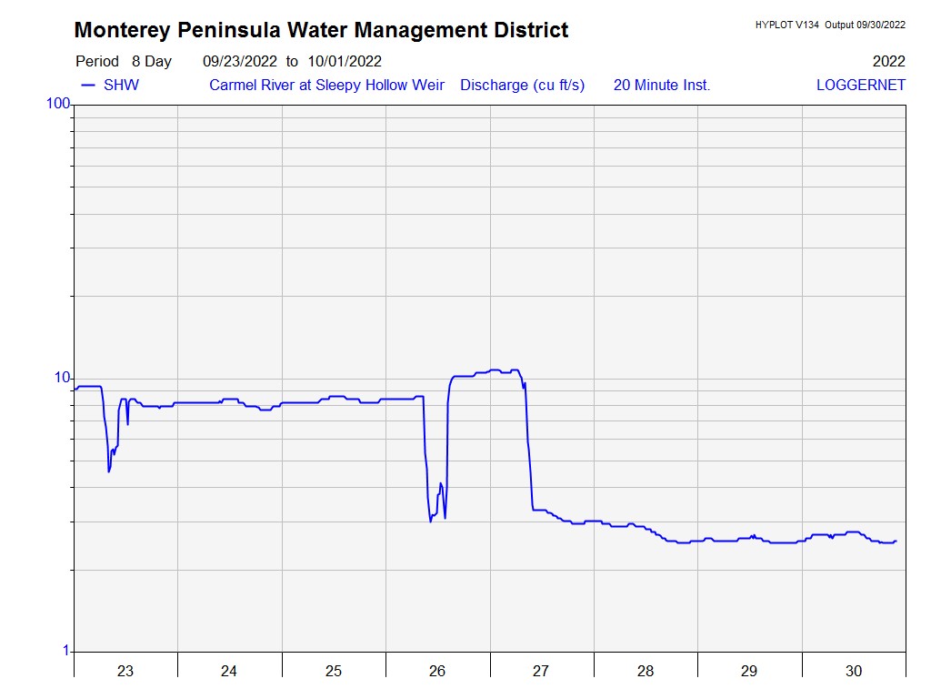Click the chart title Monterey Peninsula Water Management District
click(x=321, y=30)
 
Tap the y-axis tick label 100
click(x=58, y=104)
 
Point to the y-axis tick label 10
click(x=62, y=378)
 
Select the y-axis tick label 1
click(x=65, y=651)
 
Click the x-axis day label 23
click(x=125, y=672)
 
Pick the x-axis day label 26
click(x=437, y=672)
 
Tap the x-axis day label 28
click(x=646, y=672)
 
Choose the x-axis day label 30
click(x=854, y=672)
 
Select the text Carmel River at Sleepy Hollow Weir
click(x=326, y=86)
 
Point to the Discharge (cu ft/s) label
click(x=522, y=86)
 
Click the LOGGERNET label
click(x=860, y=86)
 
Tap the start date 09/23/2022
click(x=240, y=62)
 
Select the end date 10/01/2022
click(x=344, y=62)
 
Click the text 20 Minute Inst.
click(x=661, y=86)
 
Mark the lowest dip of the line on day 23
click(x=109, y=471)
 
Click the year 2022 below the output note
click(x=888, y=62)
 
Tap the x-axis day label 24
click(x=229, y=672)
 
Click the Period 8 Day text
click(x=124, y=62)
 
